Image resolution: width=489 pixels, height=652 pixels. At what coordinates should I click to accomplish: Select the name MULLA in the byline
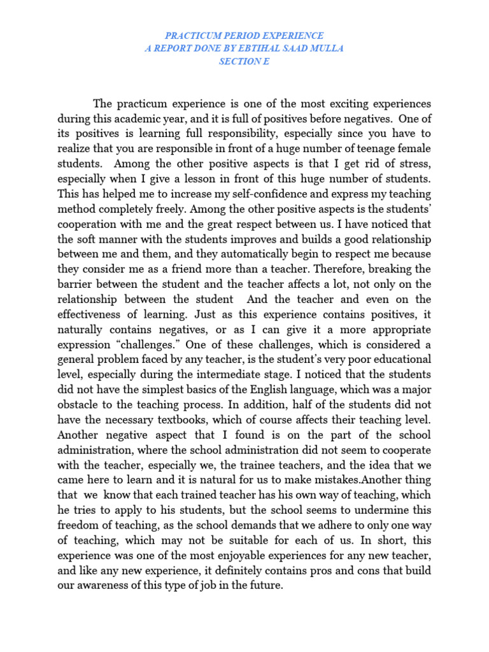(325, 48)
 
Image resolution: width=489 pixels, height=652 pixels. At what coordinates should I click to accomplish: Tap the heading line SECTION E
(244, 62)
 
